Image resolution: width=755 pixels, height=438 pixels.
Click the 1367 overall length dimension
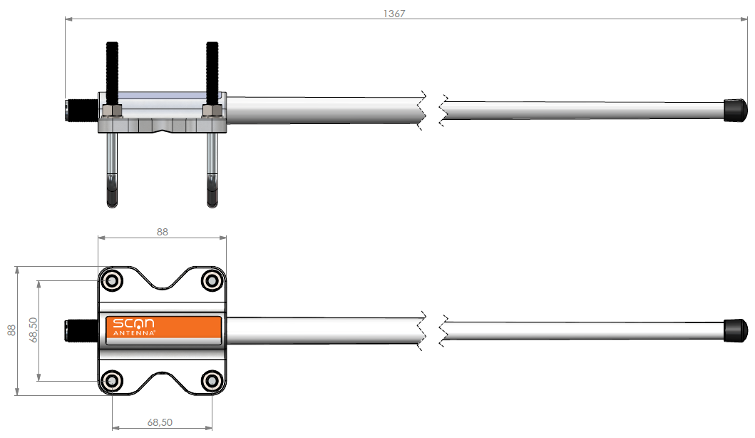point(394,13)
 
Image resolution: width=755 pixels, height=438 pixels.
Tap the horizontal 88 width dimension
point(162,232)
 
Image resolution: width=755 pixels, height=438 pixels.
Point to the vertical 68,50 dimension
point(33,330)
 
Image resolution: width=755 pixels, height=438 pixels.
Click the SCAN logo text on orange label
point(135,324)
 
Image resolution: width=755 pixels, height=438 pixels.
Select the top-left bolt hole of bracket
point(112,280)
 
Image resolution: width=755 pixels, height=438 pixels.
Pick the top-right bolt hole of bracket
point(212,280)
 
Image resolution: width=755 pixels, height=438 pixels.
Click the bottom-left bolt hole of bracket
point(112,380)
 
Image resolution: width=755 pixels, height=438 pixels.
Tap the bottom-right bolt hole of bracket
point(212,380)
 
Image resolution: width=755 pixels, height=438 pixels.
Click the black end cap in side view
point(735,109)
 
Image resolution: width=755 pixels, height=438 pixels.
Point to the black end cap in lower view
point(735,330)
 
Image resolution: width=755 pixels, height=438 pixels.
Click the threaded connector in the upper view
point(81,109)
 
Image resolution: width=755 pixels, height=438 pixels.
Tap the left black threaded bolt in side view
point(112,71)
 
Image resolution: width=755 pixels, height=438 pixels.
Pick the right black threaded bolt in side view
point(212,71)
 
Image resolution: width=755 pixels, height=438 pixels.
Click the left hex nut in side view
point(112,111)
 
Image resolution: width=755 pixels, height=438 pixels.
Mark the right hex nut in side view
point(211,111)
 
